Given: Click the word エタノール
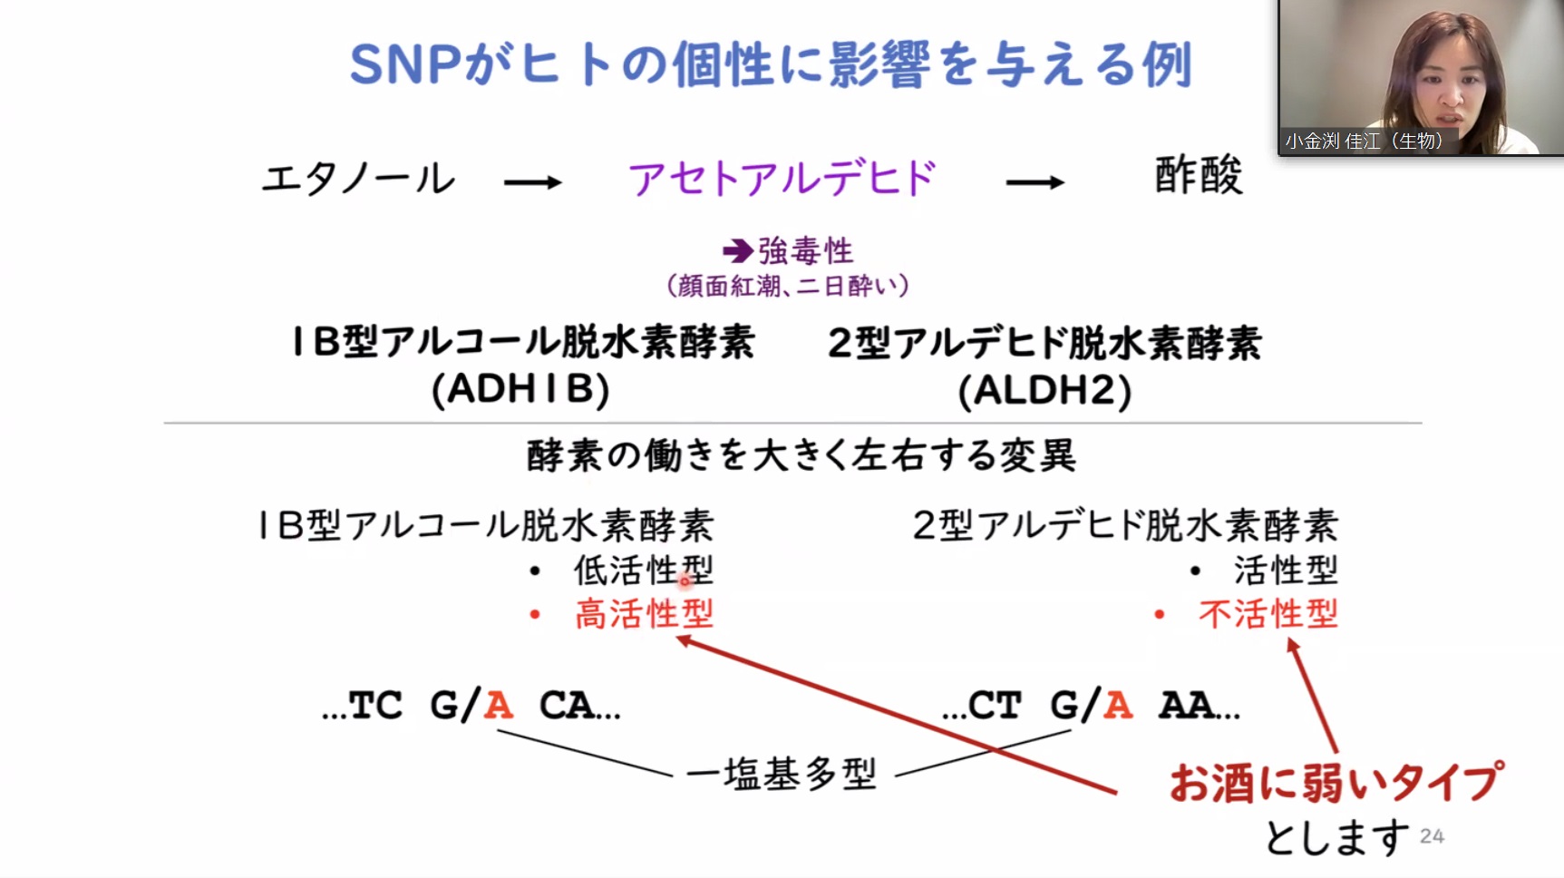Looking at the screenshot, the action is click(358, 179).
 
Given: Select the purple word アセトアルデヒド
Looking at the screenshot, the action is click(782, 178).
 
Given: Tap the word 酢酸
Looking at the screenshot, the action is click(1198, 175).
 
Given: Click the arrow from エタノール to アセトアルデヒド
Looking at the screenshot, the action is click(533, 182).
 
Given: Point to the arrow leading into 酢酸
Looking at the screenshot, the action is click(1035, 182).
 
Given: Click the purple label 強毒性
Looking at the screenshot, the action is click(806, 250).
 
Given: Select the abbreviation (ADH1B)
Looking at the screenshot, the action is click(520, 389).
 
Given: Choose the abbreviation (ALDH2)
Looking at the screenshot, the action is click(1044, 391).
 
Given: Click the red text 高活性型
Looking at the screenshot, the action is click(644, 614).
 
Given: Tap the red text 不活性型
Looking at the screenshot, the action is click(1268, 614).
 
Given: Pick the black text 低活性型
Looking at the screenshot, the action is click(644, 571).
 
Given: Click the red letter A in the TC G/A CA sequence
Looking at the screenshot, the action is click(499, 705).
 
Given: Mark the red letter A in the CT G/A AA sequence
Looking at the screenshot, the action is click(1118, 705).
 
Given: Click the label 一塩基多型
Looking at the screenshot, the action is click(782, 774).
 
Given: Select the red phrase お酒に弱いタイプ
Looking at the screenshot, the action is click(1336, 782).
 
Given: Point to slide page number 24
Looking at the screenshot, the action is click(1432, 836).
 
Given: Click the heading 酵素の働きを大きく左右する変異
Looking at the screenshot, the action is click(801, 454).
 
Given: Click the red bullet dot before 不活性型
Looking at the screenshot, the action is click(1159, 615).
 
